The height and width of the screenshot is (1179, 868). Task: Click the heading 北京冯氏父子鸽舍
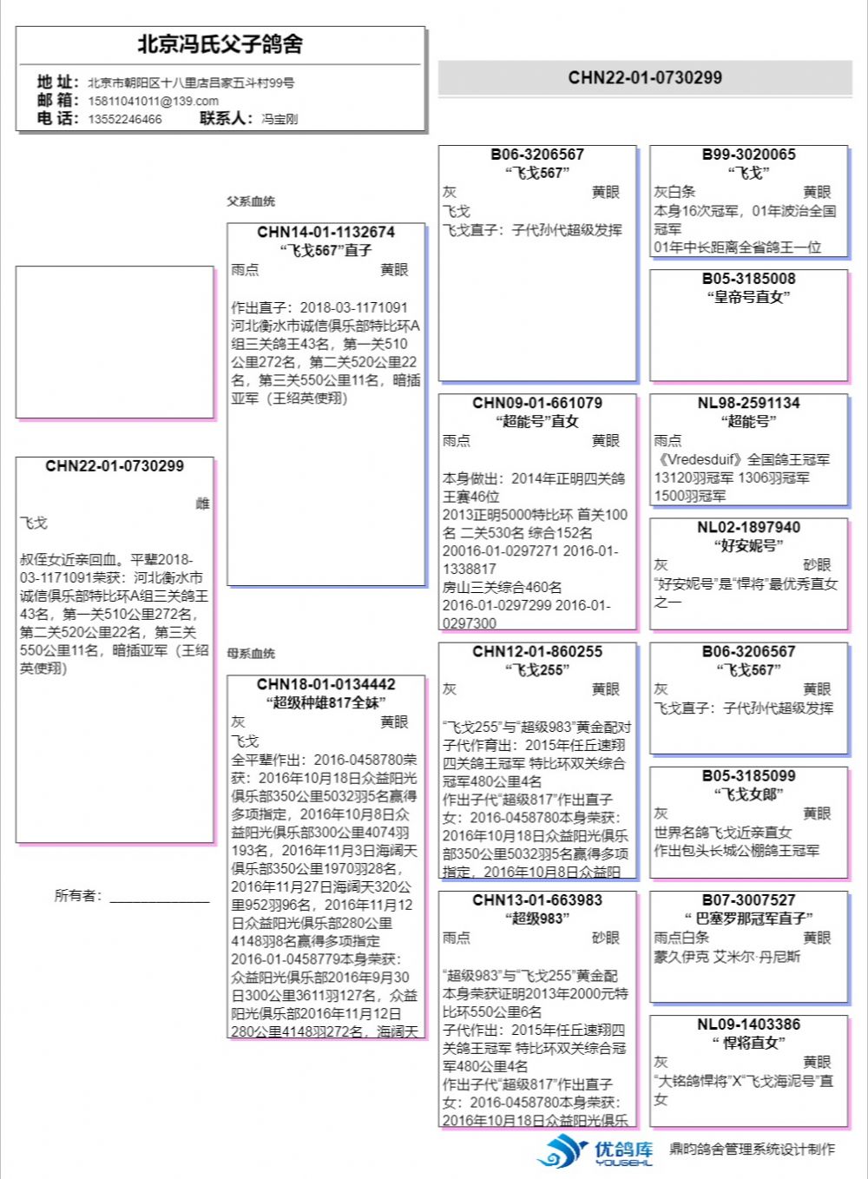tap(220, 44)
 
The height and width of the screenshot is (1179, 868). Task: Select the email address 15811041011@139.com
tap(153, 101)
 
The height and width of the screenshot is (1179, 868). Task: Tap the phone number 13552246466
tap(124, 119)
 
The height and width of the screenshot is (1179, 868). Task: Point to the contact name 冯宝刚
tap(279, 119)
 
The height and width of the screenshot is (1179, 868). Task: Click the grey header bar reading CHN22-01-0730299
tap(645, 77)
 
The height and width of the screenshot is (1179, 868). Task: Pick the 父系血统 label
tap(251, 201)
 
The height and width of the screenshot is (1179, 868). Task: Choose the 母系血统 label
tap(251, 653)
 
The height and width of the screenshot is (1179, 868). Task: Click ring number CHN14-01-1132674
tap(325, 232)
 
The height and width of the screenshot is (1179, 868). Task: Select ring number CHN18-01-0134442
tap(325, 684)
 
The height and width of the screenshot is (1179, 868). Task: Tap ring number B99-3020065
tap(748, 155)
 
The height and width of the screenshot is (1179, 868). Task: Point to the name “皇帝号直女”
tap(748, 297)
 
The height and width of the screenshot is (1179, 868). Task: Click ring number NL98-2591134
tap(748, 403)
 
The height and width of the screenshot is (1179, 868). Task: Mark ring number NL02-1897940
tap(748, 527)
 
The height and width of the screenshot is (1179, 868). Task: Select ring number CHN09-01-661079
tap(537, 403)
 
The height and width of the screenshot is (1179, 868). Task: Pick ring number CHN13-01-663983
tap(537, 900)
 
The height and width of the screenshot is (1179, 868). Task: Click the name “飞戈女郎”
tap(748, 794)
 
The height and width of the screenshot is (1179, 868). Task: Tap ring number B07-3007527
tap(748, 900)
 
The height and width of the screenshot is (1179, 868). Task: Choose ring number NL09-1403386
tap(748, 1024)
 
